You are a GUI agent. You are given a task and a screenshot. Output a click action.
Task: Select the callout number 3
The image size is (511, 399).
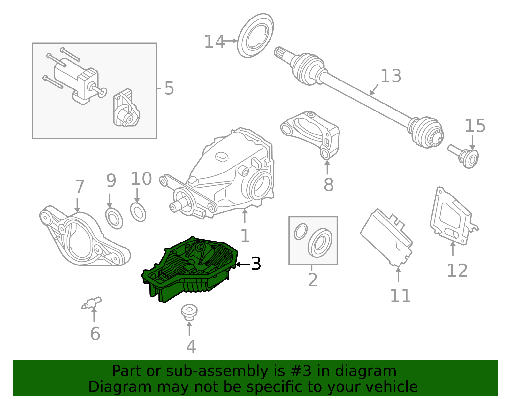[256, 264]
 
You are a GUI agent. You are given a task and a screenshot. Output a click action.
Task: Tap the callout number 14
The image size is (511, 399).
[214, 42]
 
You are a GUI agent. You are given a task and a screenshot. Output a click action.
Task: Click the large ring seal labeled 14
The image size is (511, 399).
[256, 35]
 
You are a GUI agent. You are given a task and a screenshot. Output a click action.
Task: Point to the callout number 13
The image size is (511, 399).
[391, 76]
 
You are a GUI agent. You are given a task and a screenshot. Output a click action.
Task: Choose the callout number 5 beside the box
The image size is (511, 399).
[169, 88]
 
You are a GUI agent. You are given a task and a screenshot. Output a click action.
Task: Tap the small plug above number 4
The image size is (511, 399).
[189, 312]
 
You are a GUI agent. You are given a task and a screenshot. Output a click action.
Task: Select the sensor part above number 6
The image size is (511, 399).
[92, 303]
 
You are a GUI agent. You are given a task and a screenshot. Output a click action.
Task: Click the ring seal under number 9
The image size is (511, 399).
[114, 218]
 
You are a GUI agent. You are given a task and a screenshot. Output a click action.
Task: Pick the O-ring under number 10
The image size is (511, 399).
[138, 212]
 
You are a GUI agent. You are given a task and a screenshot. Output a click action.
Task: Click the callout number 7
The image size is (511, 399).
[79, 187]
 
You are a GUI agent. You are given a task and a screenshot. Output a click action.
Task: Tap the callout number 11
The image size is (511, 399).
[400, 296]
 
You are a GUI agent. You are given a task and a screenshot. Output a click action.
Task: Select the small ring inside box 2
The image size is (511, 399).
[301, 232]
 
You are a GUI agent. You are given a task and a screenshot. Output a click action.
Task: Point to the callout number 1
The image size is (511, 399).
[245, 236]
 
